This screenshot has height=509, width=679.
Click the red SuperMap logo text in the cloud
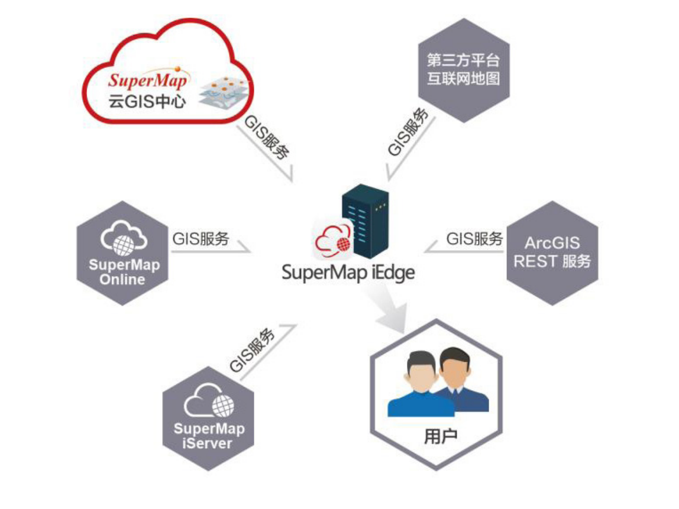(148, 79)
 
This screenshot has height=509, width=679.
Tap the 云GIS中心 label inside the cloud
(147, 101)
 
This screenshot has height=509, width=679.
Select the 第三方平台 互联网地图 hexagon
(464, 70)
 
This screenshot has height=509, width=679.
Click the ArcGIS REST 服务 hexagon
(552, 253)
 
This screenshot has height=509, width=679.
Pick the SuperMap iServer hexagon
(208, 419)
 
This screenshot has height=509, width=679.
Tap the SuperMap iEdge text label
(348, 273)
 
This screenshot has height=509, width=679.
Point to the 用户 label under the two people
(441, 436)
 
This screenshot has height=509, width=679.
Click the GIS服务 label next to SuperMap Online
(201, 238)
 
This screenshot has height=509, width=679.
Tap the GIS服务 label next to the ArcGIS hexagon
(474, 238)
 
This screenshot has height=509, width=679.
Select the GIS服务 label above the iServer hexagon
(252, 350)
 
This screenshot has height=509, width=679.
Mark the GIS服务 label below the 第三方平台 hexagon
(408, 132)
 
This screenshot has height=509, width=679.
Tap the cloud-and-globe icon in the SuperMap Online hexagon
(124, 238)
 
